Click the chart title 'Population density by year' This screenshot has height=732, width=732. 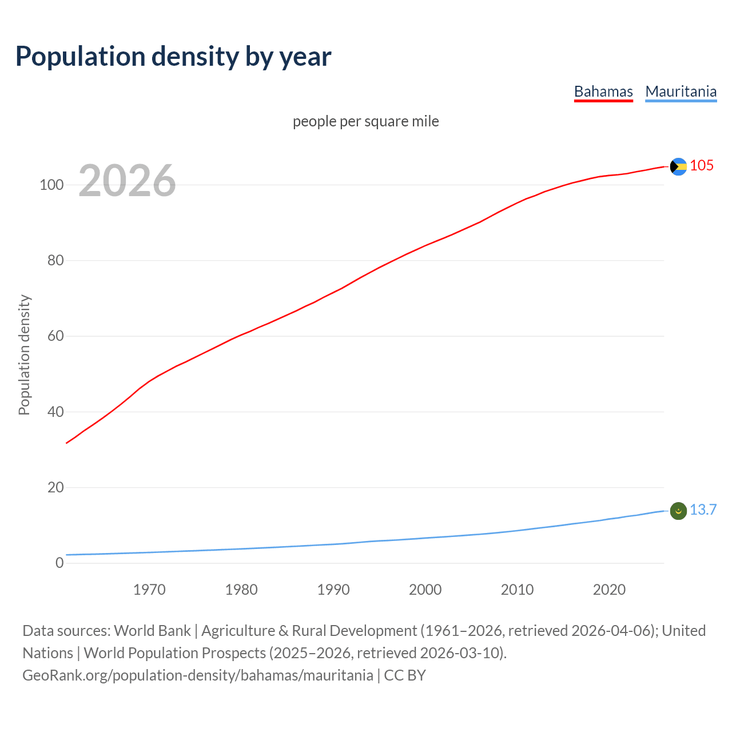(173, 57)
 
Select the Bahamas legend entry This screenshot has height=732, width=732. (603, 91)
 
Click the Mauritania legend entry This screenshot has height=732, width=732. (681, 91)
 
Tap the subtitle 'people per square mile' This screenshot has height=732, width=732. (366, 122)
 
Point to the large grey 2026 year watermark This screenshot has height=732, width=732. (127, 181)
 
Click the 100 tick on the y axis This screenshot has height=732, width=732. (51, 185)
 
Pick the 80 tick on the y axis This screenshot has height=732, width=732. (55, 261)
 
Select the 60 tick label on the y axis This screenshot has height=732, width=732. (55, 336)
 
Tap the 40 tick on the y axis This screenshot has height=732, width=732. (55, 412)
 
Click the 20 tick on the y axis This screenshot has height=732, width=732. (55, 488)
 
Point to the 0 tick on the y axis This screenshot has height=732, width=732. (59, 563)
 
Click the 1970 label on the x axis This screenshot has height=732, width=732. (149, 590)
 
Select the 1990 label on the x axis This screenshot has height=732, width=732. (333, 590)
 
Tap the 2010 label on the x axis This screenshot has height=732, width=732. (517, 590)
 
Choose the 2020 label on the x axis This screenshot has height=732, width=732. (609, 590)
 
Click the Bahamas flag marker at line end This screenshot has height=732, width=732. (678, 166)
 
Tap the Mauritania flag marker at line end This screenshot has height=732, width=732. (678, 511)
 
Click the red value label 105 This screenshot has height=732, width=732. (702, 166)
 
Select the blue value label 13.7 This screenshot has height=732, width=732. (703, 510)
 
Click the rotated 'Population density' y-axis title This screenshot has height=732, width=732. (24, 355)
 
